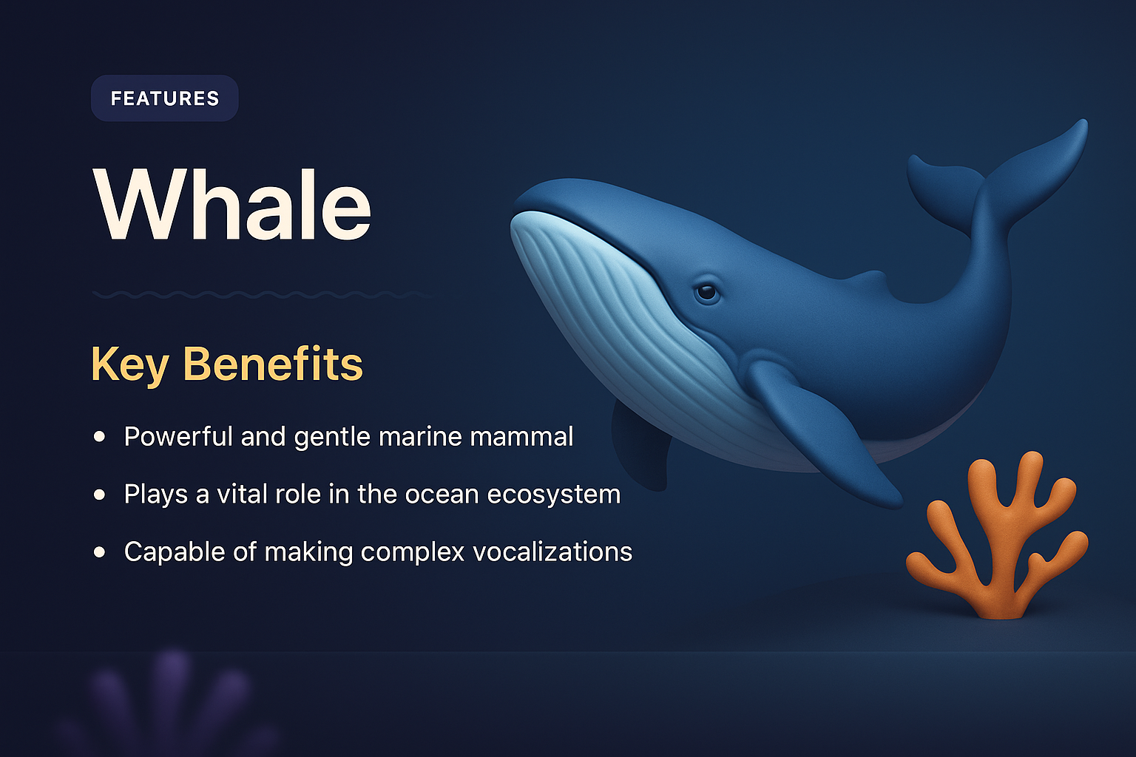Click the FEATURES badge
164,98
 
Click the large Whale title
232,206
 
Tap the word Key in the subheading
129,364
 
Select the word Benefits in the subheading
273,364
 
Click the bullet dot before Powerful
100,437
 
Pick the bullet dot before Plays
100,495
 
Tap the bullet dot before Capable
100,552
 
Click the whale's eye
707,292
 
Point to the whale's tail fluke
998,177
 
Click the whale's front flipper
821,429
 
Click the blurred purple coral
174,702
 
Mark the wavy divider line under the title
259,295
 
